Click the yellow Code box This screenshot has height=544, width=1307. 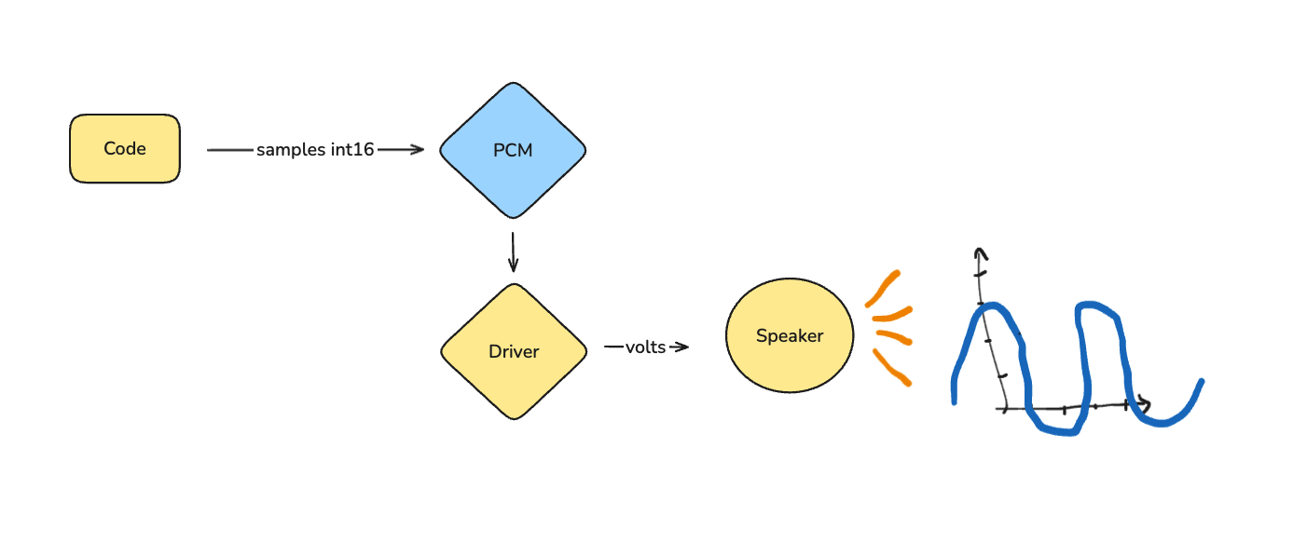tap(125, 149)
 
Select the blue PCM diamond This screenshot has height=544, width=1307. tap(513, 150)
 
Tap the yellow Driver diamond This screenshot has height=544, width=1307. tap(514, 351)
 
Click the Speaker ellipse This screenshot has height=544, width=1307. tap(790, 335)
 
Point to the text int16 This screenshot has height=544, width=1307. tap(351, 149)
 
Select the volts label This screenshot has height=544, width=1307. tap(645, 347)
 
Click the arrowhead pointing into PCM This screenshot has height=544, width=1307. tap(417, 150)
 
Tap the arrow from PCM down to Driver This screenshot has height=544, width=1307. tap(513, 252)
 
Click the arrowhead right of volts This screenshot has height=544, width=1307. tap(681, 347)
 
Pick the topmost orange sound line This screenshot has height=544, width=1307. tap(883, 288)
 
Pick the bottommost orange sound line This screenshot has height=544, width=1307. tap(891, 367)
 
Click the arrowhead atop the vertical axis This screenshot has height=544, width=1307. tap(981, 253)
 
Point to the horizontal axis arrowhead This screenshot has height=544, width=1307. tap(1145, 404)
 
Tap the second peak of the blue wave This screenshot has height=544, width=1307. tap(1090, 305)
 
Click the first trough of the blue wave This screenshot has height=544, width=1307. tap(1059, 431)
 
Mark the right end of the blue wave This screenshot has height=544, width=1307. tap(1202, 381)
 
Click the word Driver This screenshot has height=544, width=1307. tap(514, 351)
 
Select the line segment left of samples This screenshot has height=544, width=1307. tap(230, 150)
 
